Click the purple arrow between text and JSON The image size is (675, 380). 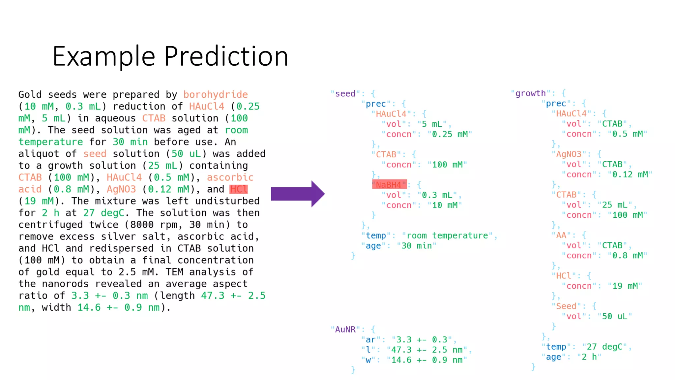coord(297,194)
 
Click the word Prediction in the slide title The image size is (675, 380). coord(226,56)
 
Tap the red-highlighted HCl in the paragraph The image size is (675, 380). coord(239,189)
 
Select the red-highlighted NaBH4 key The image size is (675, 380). coord(389,185)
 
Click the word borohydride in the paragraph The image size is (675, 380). coord(216,95)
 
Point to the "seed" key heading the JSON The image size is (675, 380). coord(345,94)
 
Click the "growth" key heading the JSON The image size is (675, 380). coord(530,93)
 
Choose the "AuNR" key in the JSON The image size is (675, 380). coord(345,330)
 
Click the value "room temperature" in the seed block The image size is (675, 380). coord(447,236)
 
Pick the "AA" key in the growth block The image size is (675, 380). coord(561,235)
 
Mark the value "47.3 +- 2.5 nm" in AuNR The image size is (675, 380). coord(427,350)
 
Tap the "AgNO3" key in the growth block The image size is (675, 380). coord(568,154)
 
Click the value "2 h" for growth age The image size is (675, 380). coord(589,357)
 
